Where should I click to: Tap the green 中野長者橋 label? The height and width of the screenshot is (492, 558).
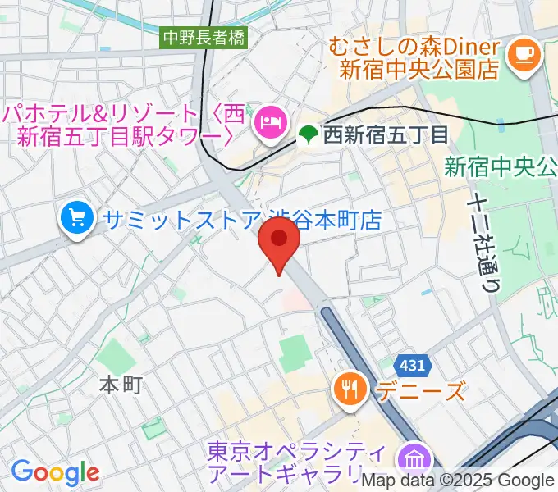(204, 37)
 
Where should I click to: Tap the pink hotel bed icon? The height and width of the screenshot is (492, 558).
(269, 123)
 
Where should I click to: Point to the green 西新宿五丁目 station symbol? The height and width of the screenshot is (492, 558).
(308, 133)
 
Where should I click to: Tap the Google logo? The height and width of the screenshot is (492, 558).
(55, 472)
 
